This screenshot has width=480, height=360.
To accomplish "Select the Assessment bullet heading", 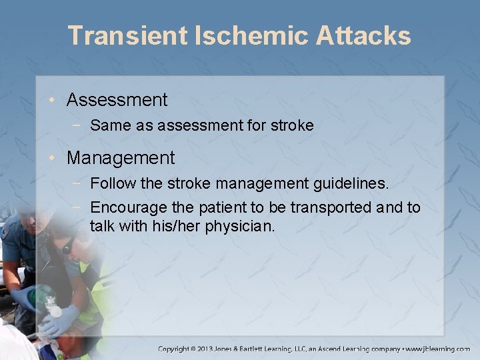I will (x=117, y=100).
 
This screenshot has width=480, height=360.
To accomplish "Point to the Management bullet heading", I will (x=121, y=158).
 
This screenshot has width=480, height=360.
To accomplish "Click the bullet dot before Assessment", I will (x=52, y=101).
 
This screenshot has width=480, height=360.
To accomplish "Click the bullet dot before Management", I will (x=52, y=159).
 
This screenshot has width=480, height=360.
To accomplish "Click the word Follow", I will (x=109, y=183).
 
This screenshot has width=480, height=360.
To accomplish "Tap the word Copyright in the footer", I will (x=179, y=349).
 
